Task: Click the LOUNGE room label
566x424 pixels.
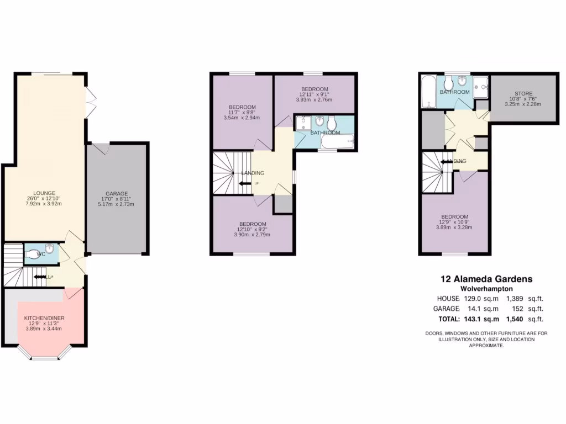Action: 44,193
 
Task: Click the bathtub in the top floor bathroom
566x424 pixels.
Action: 428,92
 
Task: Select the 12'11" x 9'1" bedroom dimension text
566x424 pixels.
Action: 315,95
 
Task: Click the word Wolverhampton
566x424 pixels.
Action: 486,289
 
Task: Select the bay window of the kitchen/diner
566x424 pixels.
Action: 44,356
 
